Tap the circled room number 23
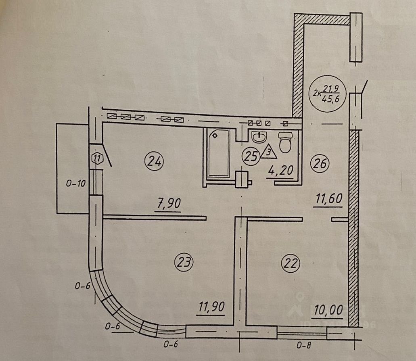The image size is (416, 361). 184,263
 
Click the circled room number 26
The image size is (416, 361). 320,163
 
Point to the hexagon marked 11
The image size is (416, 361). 96,158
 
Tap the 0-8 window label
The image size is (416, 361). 305,345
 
